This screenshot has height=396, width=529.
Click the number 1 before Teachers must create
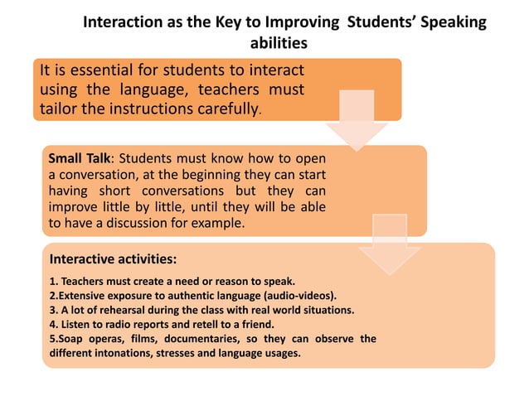[x=52, y=282]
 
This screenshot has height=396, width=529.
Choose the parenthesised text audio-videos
[x=294, y=296]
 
